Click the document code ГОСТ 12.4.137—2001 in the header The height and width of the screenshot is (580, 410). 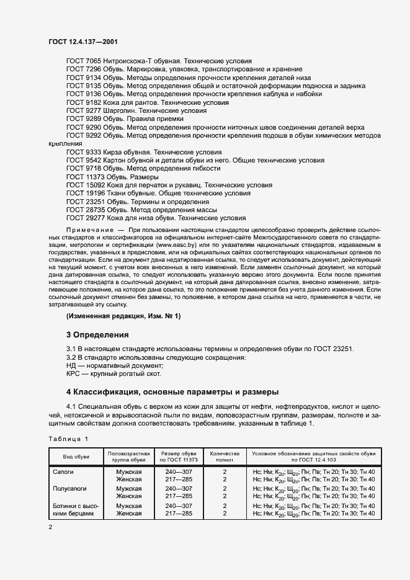(x=83, y=42)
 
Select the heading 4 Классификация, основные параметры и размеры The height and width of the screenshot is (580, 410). (x=172, y=392)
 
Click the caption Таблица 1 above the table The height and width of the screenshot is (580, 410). (x=68, y=439)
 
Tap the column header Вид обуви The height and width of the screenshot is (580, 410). (x=76, y=457)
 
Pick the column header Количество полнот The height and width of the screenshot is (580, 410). (x=225, y=457)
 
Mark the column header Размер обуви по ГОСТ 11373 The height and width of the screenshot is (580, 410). (x=179, y=457)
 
